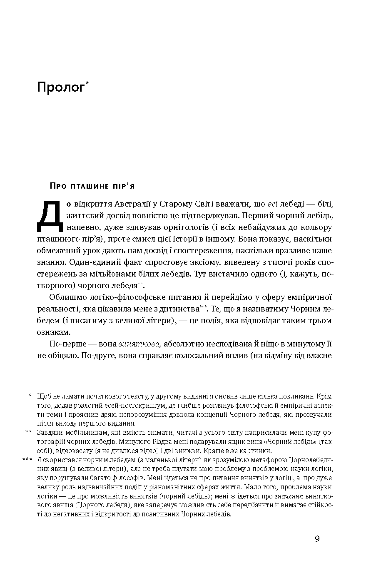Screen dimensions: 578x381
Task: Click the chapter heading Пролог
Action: [60, 88]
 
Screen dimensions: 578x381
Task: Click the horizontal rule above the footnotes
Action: [77, 387]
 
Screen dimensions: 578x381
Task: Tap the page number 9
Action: [317, 539]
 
